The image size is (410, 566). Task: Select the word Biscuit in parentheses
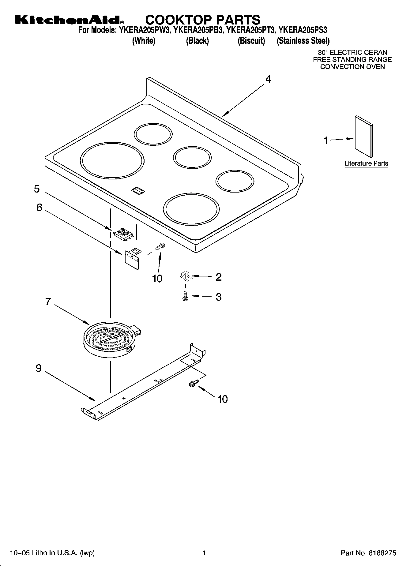(x=251, y=41)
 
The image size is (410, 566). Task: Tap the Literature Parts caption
(x=366, y=163)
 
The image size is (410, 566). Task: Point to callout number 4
(x=268, y=79)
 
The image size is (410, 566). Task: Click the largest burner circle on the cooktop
(x=112, y=160)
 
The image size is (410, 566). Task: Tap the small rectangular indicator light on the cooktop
(x=138, y=191)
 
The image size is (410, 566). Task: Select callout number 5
(x=37, y=189)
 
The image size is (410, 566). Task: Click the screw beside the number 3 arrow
(x=185, y=296)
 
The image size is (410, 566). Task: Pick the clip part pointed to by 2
(x=185, y=276)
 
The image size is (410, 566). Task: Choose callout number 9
(x=39, y=368)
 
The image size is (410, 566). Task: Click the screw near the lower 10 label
(x=194, y=383)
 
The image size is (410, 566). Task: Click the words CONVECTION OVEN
(x=352, y=67)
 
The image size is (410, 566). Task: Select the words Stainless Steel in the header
(x=303, y=41)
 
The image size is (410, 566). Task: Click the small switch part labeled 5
(x=124, y=234)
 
